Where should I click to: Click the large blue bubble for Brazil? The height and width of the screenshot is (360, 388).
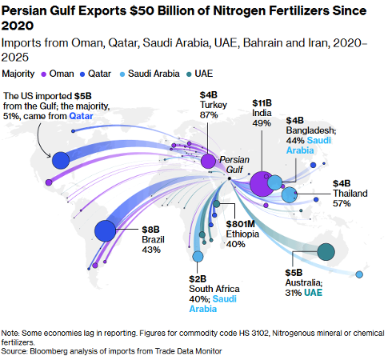pos(106,230)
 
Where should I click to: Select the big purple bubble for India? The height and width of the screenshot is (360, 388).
pos(262,183)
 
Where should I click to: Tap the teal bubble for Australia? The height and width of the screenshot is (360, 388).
pos(326,251)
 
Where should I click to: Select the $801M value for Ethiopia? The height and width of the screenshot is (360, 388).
pos(241,223)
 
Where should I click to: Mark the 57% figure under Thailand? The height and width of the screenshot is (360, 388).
pos(342,204)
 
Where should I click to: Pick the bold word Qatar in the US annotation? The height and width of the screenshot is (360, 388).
pos(84,116)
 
